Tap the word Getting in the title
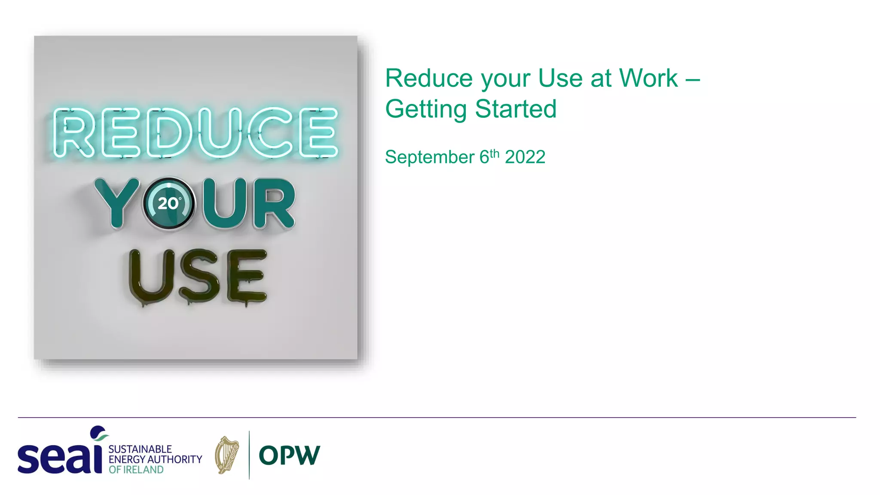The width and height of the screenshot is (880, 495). (426, 109)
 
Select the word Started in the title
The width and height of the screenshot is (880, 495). (516, 109)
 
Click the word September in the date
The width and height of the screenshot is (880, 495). (430, 157)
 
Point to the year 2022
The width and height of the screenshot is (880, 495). (525, 157)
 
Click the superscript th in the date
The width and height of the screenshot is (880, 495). (495, 153)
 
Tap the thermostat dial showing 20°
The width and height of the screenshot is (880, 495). (168, 203)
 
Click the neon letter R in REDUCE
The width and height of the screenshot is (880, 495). (73, 132)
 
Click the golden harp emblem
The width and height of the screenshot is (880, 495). (227, 455)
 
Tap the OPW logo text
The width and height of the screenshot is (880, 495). (290, 455)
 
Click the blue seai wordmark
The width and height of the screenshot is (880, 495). (60, 457)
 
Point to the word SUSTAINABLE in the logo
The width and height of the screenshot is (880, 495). (140, 449)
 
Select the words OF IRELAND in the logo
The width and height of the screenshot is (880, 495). (136, 470)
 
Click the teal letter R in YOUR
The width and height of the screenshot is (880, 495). (274, 203)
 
